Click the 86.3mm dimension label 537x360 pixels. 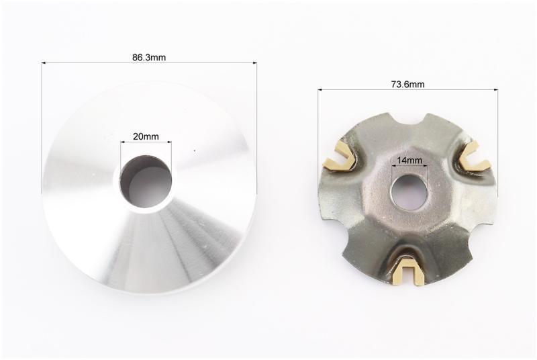149,57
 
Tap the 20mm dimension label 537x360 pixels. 146,136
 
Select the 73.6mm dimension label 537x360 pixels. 408,84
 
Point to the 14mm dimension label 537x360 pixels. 409,160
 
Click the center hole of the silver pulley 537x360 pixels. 146,181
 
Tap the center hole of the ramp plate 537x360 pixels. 409,192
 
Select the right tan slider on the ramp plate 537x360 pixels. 475,155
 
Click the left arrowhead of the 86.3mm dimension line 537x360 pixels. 44,62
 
